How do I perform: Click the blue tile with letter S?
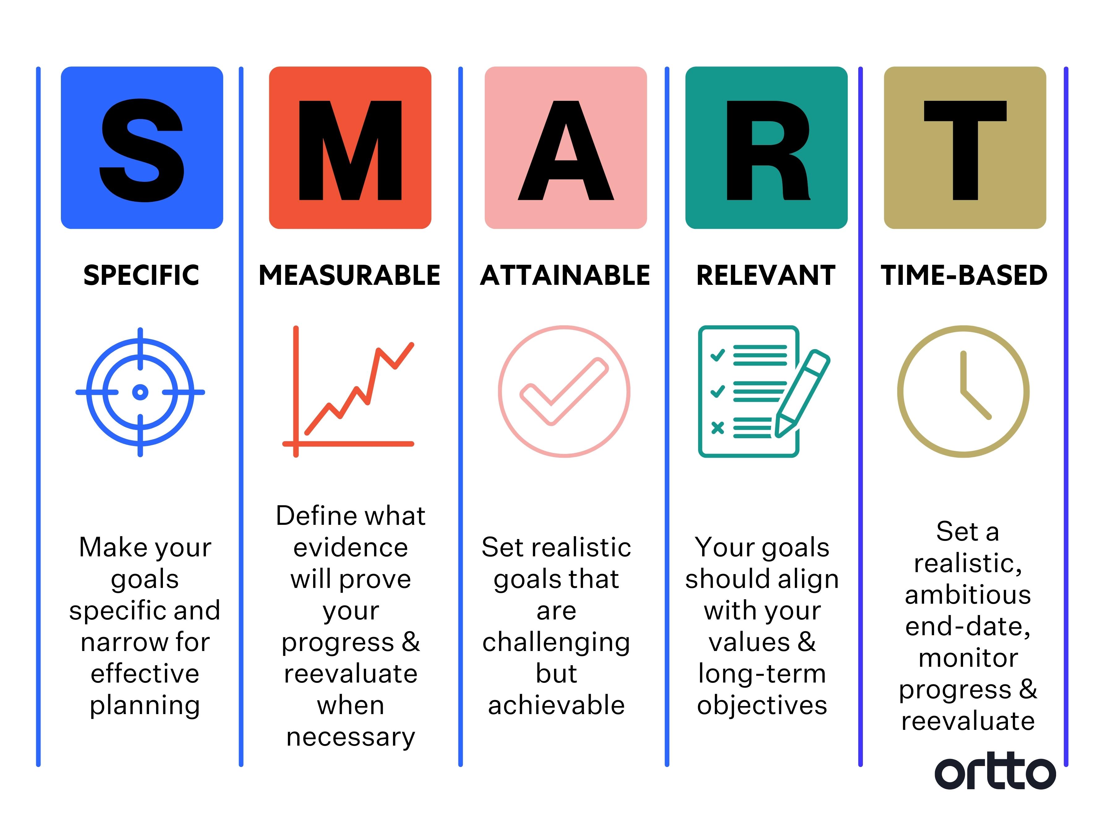[142, 148]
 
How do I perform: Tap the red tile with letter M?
[350, 148]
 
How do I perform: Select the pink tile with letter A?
[565, 148]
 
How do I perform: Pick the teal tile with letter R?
[766, 148]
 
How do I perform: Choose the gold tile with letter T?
[965, 148]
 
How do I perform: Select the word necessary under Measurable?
[351, 737]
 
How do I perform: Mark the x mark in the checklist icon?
[718, 428]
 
